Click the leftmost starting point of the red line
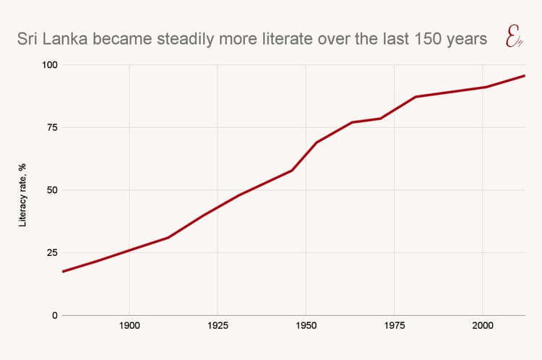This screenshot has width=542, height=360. pos(63,272)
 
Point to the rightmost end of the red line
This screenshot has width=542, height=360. pos(525,75)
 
